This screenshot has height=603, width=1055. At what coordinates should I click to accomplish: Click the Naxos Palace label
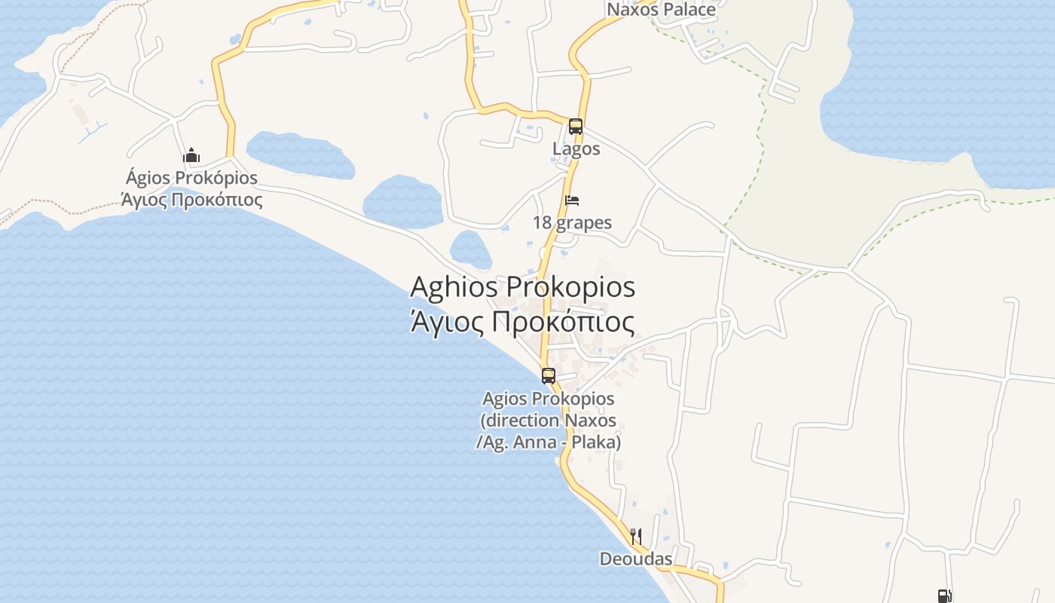coord(661,10)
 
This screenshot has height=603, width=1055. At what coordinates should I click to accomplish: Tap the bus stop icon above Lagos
coord(576,127)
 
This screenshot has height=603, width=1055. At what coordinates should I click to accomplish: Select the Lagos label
coord(576,148)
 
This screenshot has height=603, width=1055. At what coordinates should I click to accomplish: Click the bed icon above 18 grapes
coord(572,200)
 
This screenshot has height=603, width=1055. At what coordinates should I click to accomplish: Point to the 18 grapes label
coord(572,222)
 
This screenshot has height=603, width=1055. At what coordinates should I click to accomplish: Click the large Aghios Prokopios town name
coord(522,287)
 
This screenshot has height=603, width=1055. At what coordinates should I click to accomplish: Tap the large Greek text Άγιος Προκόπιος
coord(521,322)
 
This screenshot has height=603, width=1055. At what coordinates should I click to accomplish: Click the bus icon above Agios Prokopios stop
coord(549,375)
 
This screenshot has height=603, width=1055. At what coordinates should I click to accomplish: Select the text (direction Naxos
coord(548,420)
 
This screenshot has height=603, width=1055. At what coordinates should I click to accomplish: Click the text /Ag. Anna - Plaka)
coord(548,442)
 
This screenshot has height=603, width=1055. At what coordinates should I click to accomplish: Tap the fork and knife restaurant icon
coord(636,537)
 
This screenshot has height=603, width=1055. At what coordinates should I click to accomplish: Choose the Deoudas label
coord(636,559)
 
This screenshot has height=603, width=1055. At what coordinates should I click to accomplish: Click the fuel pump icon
coord(944,596)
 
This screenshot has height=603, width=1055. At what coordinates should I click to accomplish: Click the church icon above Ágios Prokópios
coord(191,156)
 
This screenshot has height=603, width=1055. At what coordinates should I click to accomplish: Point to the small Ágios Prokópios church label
coord(191,178)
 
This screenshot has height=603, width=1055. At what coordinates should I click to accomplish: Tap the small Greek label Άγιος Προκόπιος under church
coord(191,200)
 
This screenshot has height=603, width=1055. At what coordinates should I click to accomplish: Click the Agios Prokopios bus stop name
coord(548,398)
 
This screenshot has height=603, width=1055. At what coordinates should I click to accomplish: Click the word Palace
coord(689,10)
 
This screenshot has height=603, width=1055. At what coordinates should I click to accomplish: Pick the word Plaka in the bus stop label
coord(597,442)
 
